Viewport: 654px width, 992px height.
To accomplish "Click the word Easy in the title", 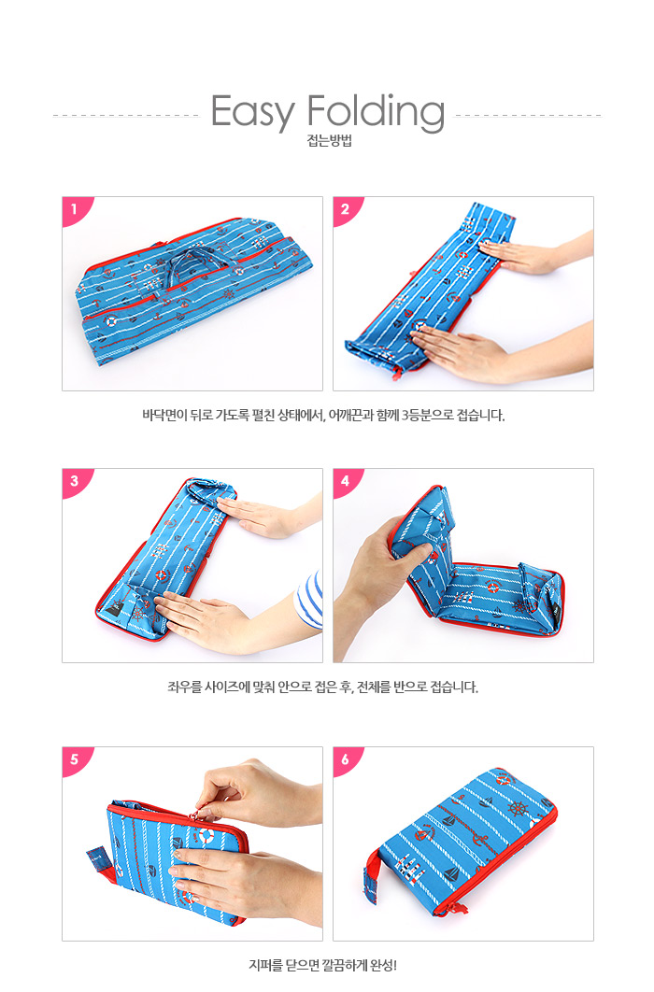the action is click(253, 113).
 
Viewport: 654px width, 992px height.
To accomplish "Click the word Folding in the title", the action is click(377, 112).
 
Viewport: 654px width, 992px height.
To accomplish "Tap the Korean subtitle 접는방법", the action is click(329, 140).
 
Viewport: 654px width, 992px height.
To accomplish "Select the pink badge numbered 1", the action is click(76, 209).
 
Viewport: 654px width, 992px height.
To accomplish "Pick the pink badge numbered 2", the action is click(346, 209).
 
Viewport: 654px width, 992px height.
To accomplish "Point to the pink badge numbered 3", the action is click(76, 481).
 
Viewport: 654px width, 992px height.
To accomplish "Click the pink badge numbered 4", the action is click(346, 481).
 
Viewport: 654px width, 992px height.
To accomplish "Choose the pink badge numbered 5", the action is click(76, 758).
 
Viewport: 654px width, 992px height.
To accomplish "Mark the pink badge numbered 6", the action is click(346, 758).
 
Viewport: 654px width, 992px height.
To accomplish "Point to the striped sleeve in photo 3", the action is click(311, 599).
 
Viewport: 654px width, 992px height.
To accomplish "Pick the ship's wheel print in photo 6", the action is click(518, 810).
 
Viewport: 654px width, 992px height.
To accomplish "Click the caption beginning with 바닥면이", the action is click(324, 416).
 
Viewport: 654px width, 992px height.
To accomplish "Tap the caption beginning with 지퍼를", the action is click(323, 966).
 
